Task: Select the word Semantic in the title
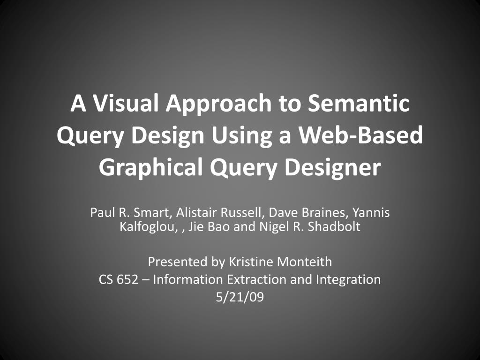coord(358,104)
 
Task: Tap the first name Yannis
coord(371,213)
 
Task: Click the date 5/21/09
coord(240,297)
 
